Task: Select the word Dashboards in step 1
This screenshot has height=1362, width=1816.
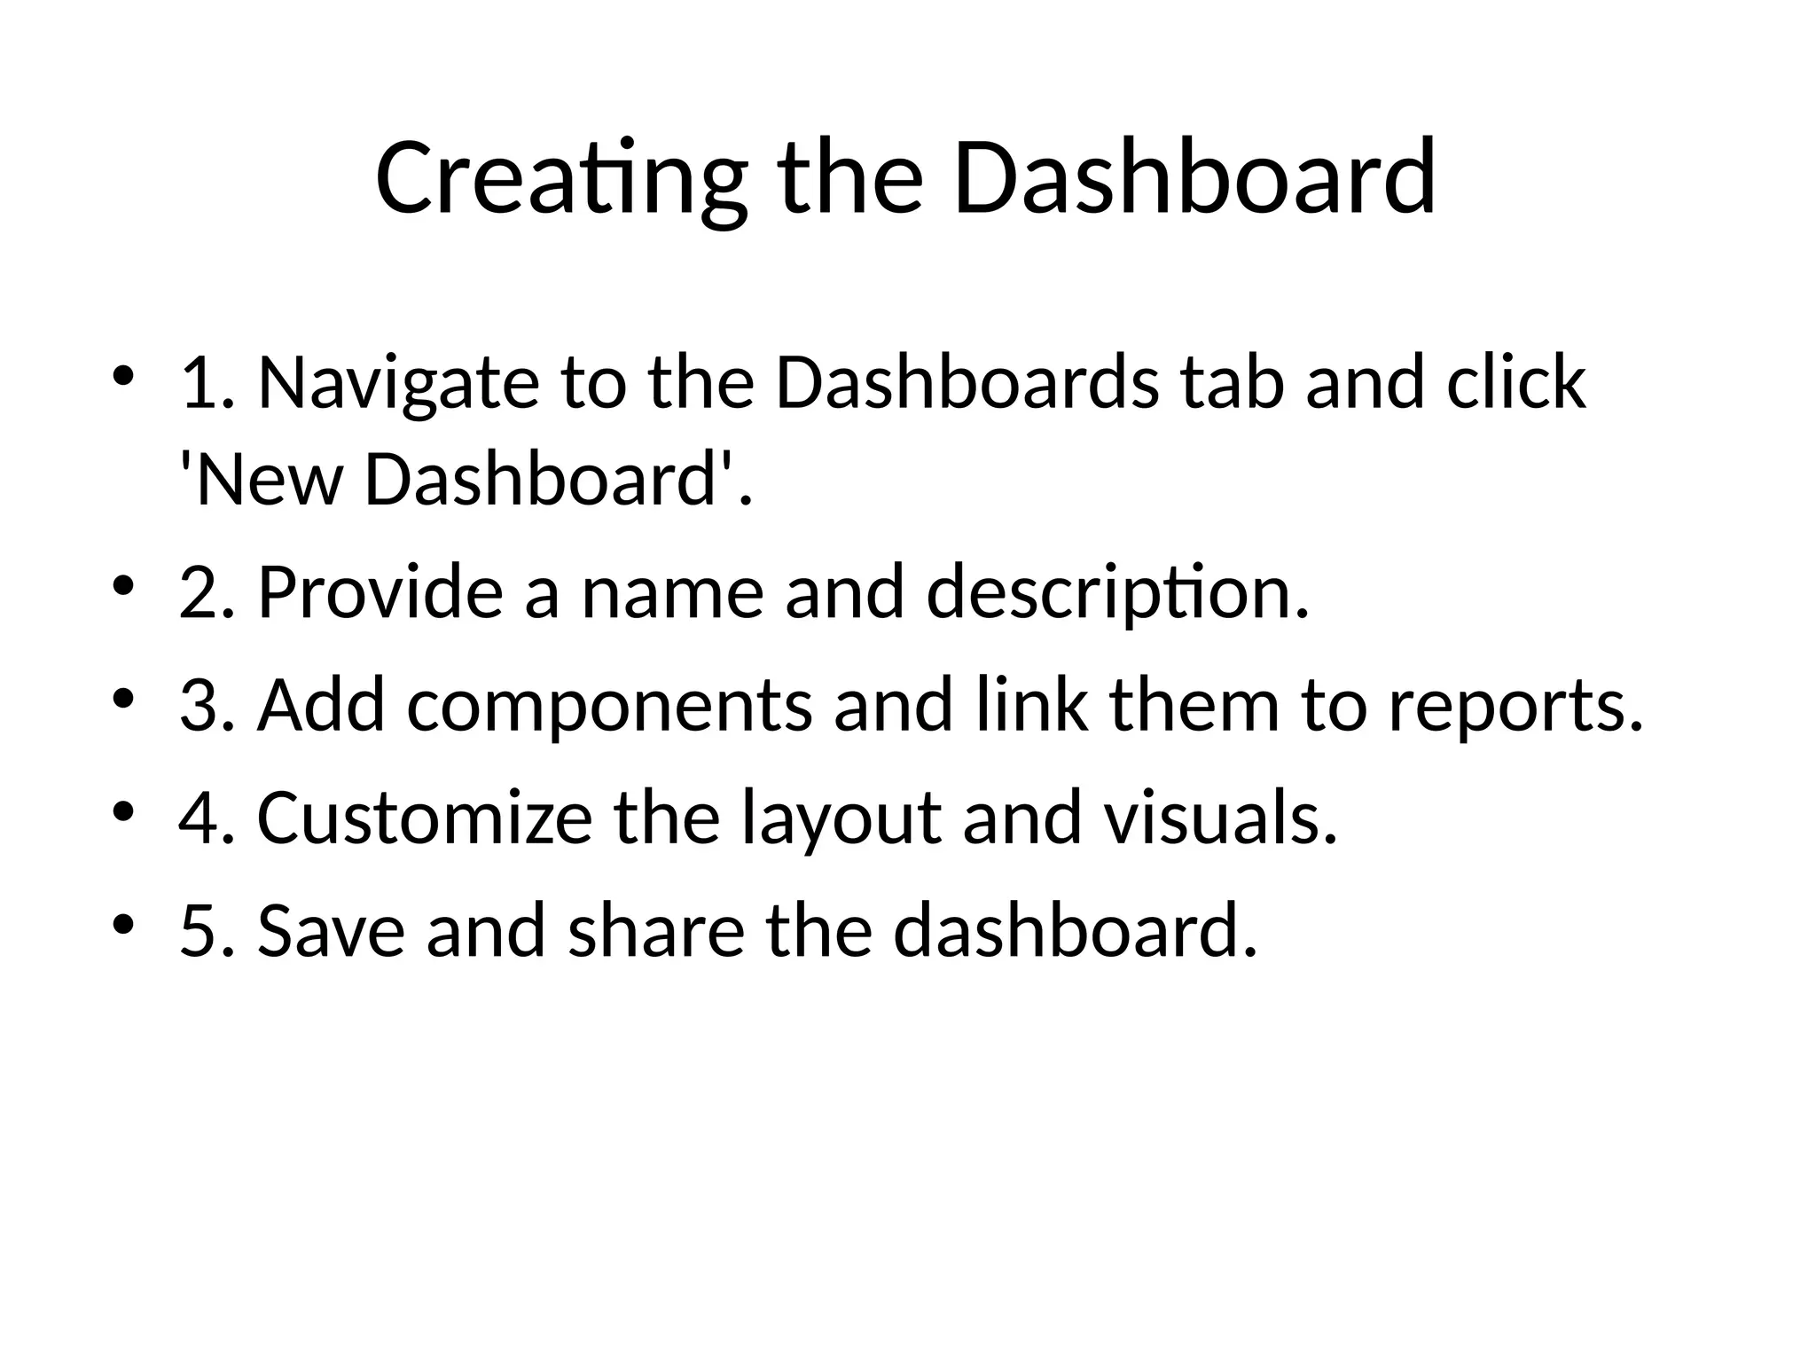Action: [x=967, y=383]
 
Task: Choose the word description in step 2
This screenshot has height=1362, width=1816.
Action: [x=1116, y=592]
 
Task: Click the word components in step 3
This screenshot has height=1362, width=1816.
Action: [x=610, y=706]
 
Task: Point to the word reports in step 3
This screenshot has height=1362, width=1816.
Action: [x=1515, y=706]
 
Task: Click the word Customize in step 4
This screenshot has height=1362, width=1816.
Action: [x=425, y=818]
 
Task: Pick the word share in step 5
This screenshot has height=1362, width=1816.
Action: [x=656, y=931]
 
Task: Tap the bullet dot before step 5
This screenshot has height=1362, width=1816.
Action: [x=123, y=924]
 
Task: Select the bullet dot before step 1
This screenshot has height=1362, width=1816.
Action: [x=123, y=376]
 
